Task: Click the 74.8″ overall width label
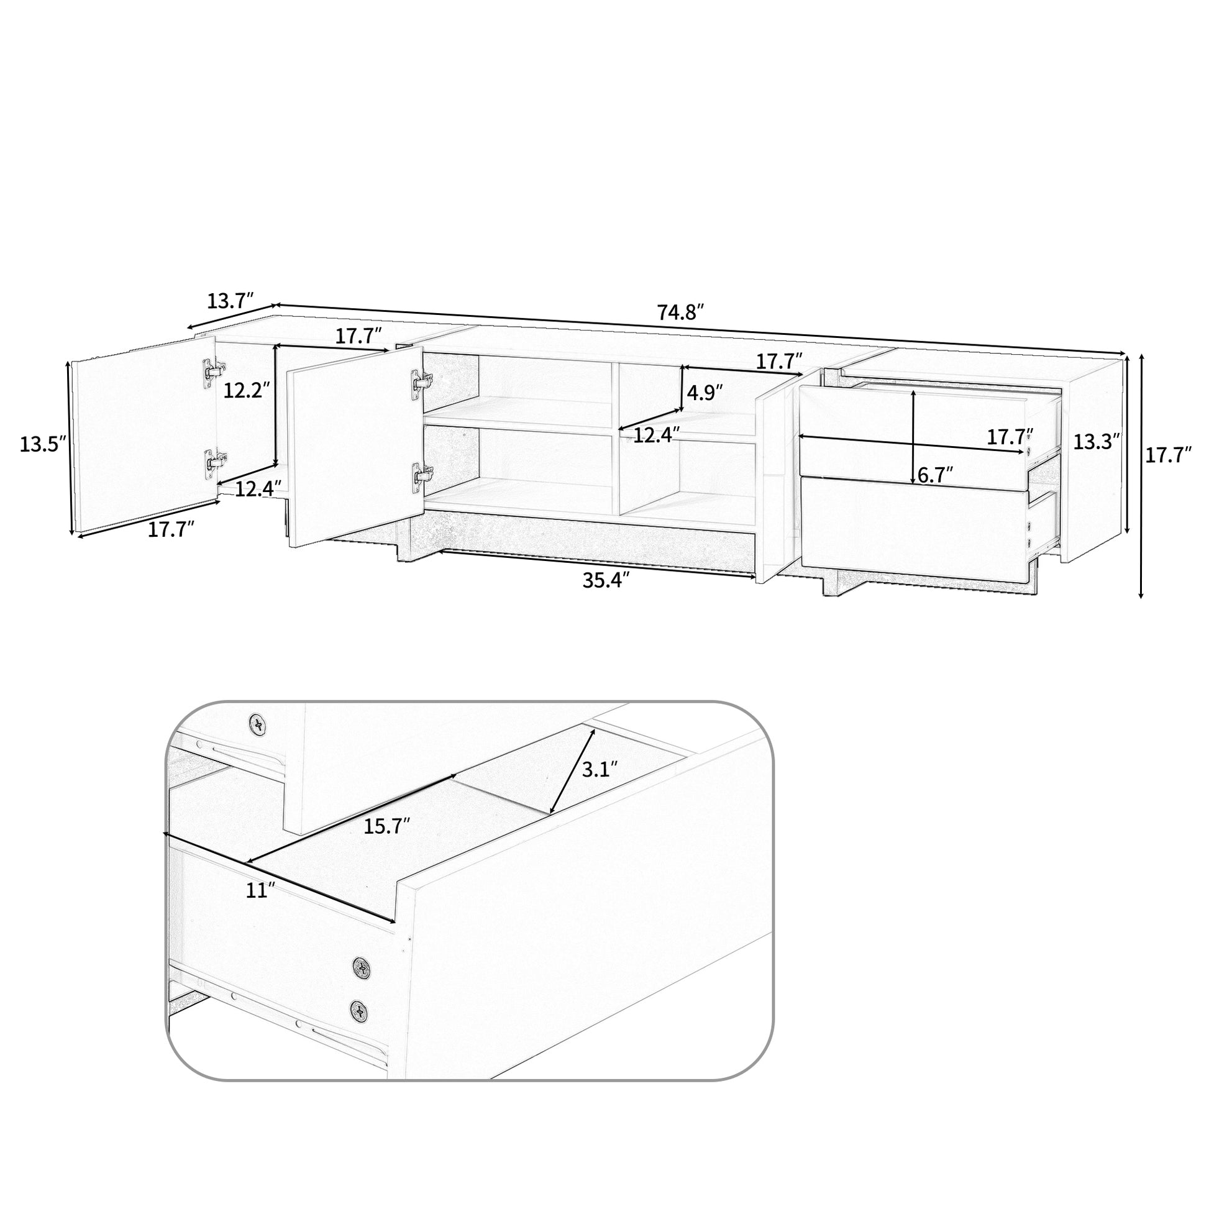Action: point(681,312)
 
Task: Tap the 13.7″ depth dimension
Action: point(230,301)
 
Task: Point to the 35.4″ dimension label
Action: point(605,580)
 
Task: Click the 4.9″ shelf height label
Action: point(705,393)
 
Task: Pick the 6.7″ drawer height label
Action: point(935,474)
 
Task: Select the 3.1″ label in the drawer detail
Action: point(600,769)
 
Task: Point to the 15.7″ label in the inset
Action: point(386,826)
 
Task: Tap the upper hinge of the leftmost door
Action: point(213,370)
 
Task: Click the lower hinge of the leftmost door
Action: point(214,461)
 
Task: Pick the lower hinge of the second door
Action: point(421,473)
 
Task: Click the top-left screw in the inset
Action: point(257,724)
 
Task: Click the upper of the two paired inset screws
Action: point(362,967)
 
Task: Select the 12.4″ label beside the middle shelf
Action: point(657,436)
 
